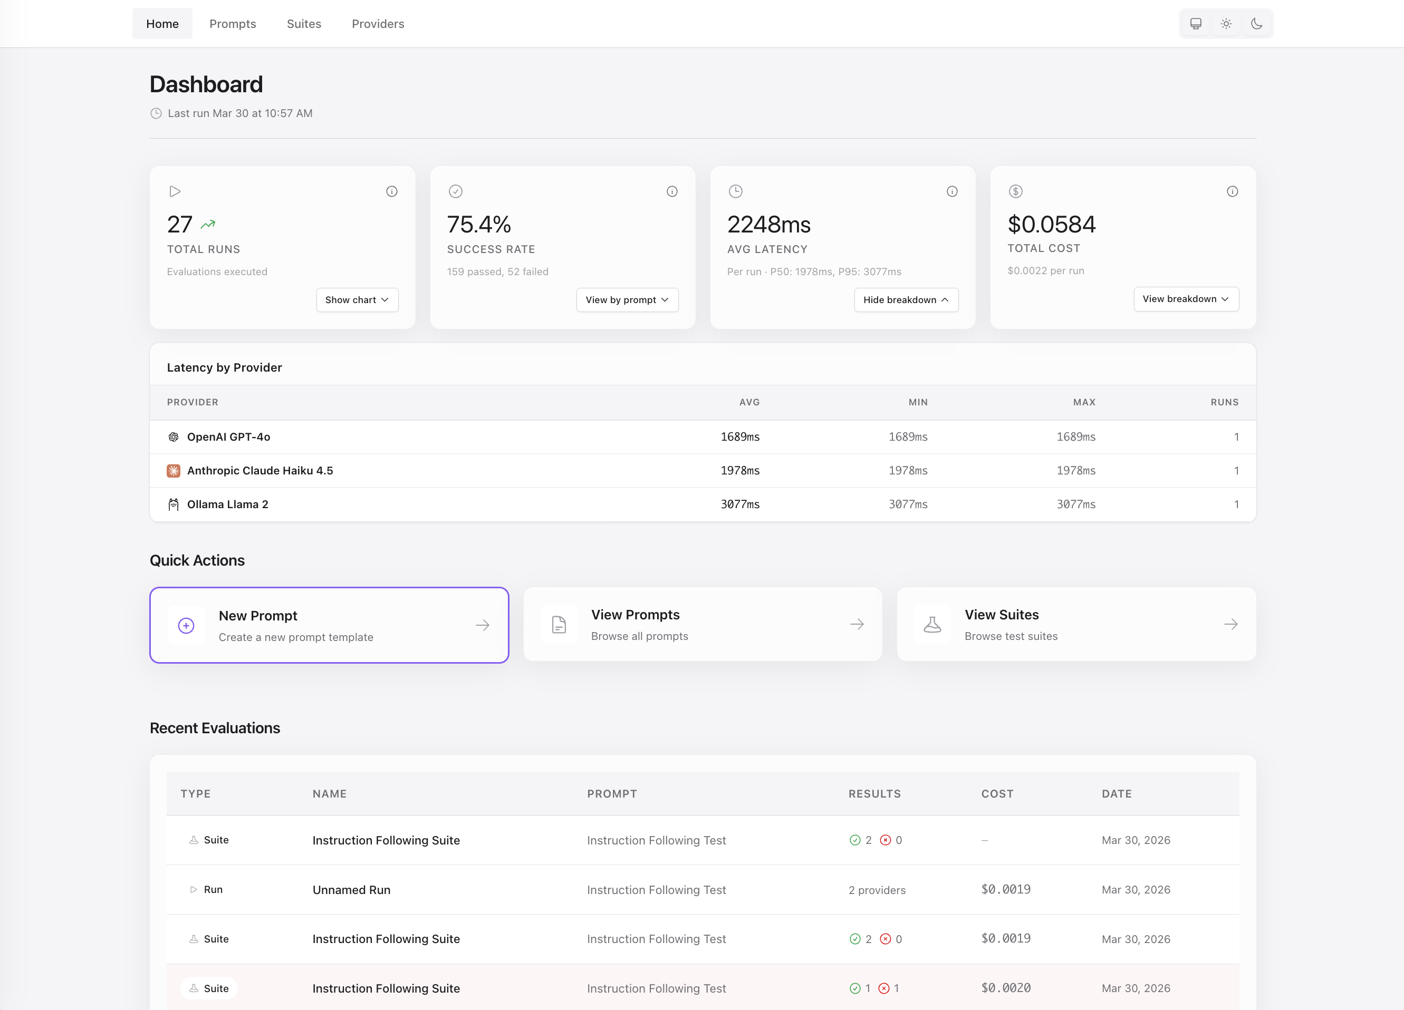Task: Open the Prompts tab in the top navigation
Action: point(232,24)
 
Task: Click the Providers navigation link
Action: point(378,24)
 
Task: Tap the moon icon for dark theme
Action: point(1256,24)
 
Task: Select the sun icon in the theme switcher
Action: point(1226,24)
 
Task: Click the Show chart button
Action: point(357,299)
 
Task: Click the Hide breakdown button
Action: point(906,299)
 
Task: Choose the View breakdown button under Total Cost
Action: point(1186,299)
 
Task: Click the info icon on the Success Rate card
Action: point(671,191)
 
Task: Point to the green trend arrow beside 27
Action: point(208,224)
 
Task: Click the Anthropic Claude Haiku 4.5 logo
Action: point(174,470)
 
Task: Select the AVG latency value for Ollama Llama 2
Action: point(740,504)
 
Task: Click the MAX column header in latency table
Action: point(1084,402)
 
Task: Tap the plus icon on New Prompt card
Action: point(186,625)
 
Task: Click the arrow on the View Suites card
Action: point(1230,624)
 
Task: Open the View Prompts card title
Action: point(635,615)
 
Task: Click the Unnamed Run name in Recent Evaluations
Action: point(351,889)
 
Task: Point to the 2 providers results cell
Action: point(877,890)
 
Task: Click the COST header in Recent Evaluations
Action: point(997,793)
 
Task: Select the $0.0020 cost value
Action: point(1005,988)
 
